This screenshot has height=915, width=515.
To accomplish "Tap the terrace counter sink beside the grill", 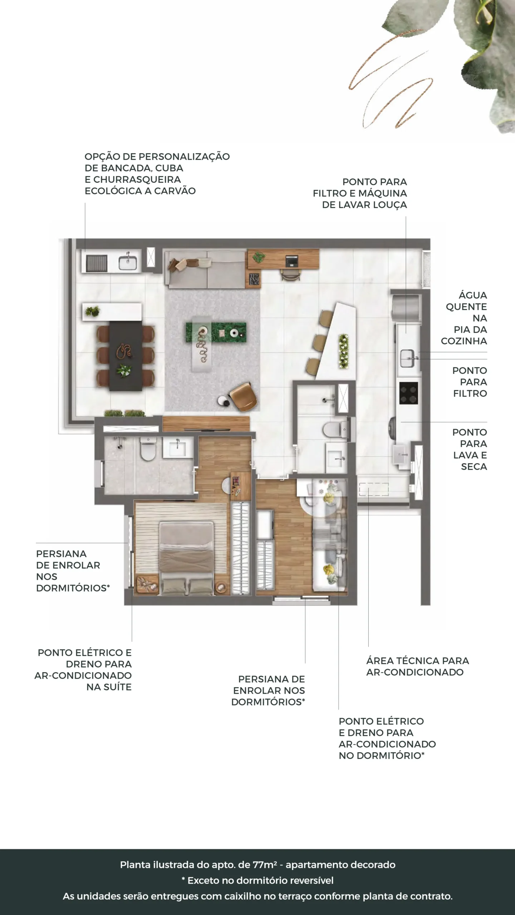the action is pos(128,263).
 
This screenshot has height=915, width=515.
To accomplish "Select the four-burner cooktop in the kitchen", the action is pos(408,393).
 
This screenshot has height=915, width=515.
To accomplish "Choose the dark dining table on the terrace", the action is pos(126,356).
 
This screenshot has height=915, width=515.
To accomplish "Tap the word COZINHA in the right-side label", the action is pos(464,341).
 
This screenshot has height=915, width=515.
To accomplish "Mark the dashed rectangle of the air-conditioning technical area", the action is pos(374,489).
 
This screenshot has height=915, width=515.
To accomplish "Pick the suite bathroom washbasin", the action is pos(178,447).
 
